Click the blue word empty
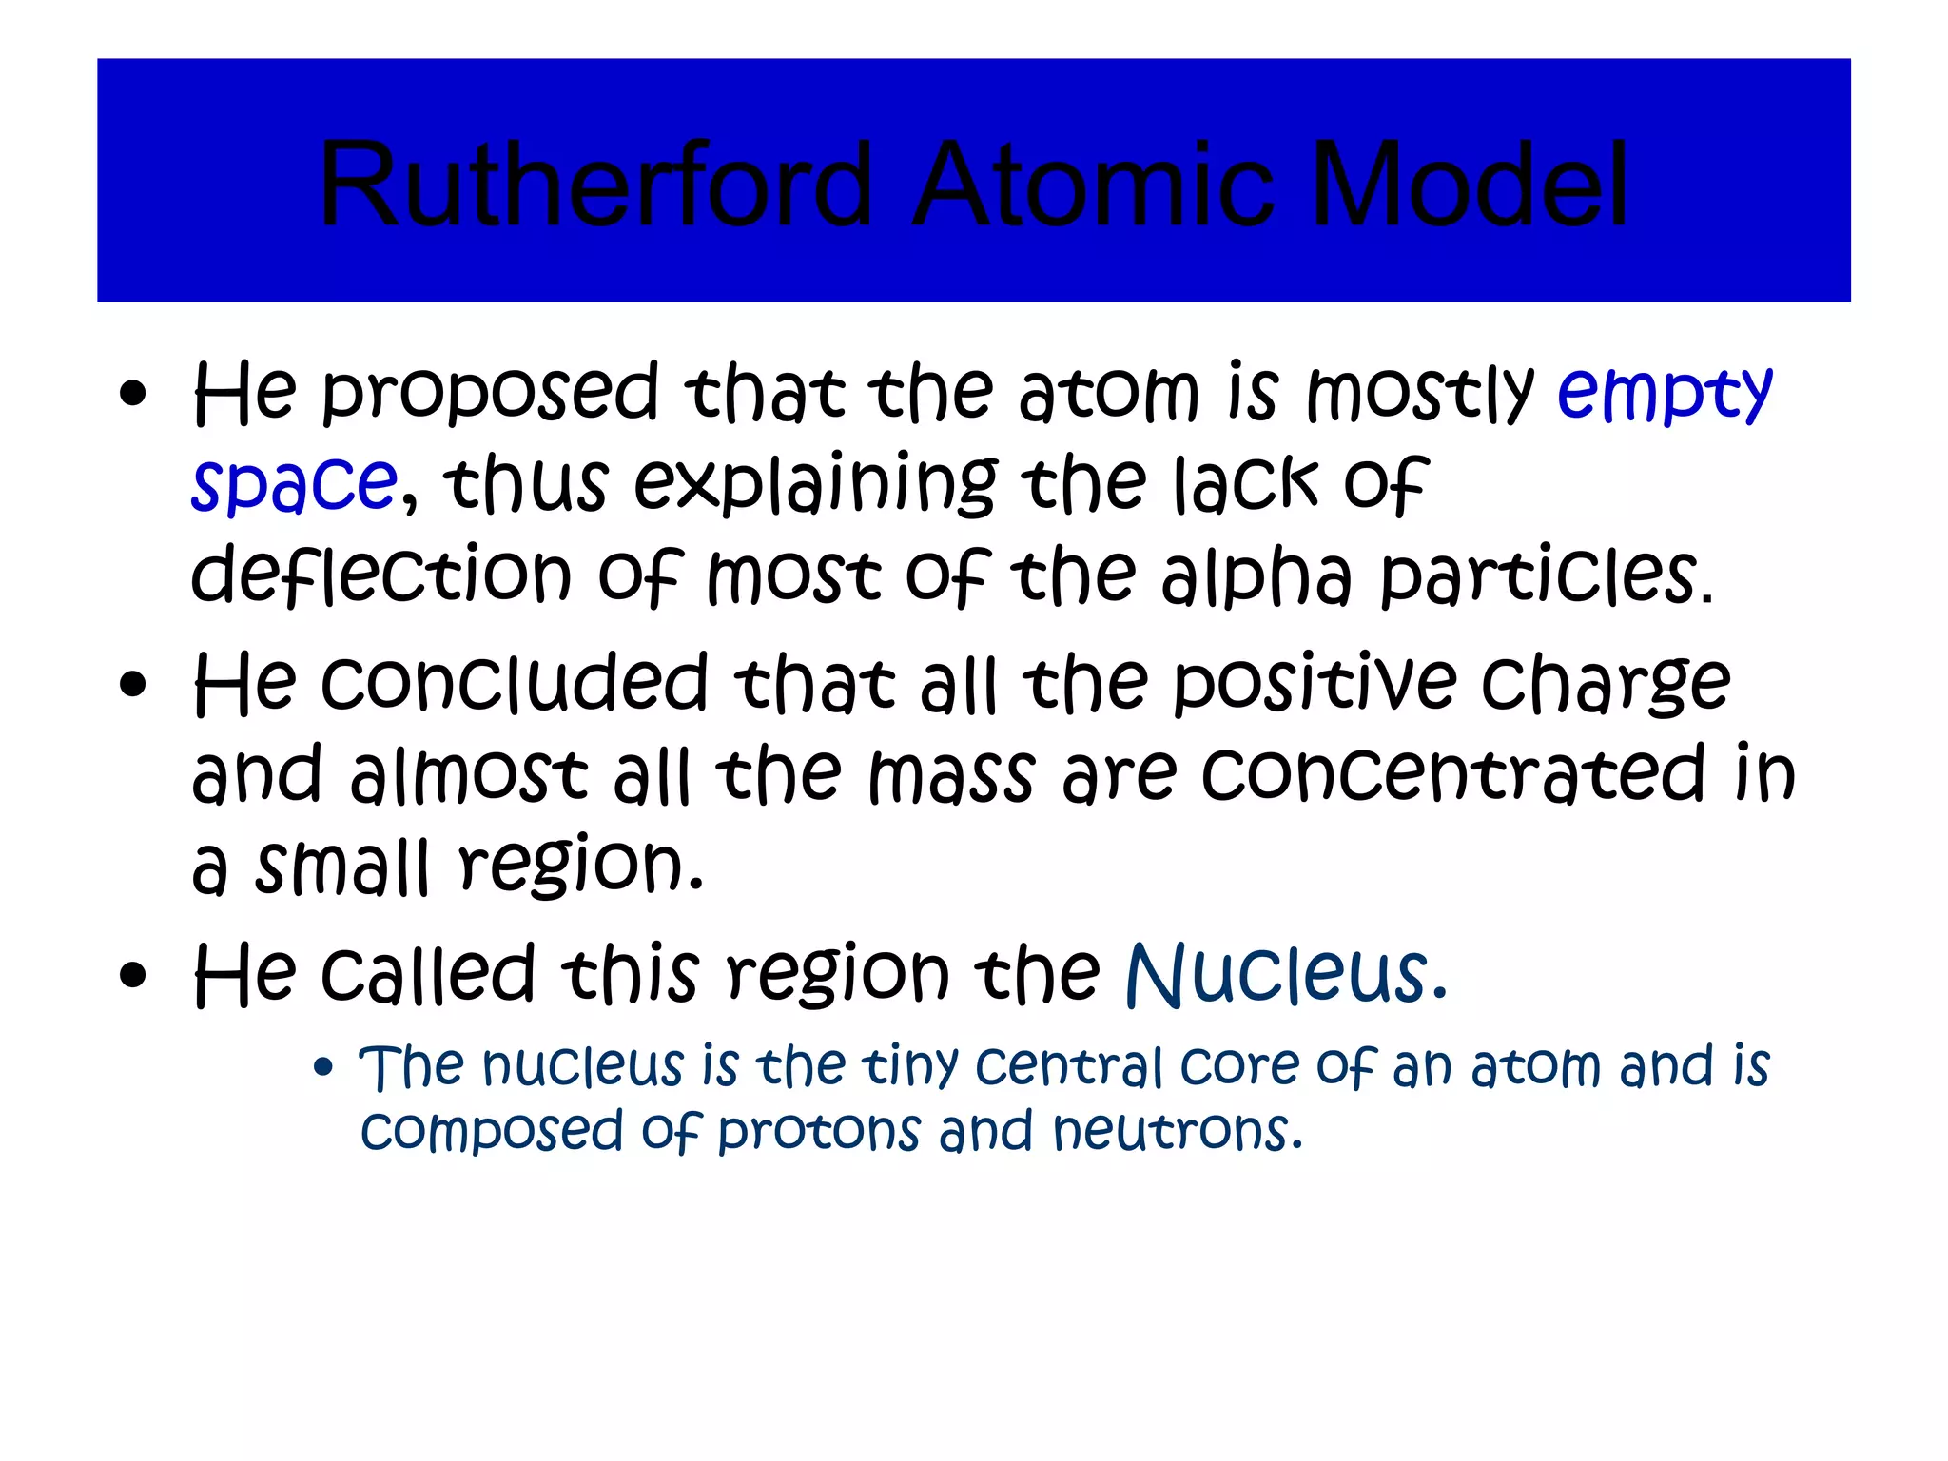pos(1665,393)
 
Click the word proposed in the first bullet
pos(490,393)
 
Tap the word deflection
pos(380,575)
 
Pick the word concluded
pos(515,683)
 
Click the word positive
pos(1314,683)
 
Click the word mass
pos(952,774)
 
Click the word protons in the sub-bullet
pos(819,1132)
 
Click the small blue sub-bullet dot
pos(323,1067)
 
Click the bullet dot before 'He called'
pos(134,974)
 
